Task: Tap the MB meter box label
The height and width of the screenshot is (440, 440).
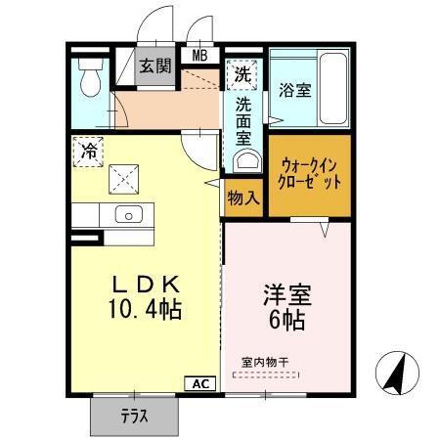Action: pyautogui.click(x=200, y=55)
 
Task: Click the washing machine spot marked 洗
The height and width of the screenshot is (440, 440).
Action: pyautogui.click(x=240, y=71)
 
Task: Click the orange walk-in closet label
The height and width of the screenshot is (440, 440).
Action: pyautogui.click(x=310, y=174)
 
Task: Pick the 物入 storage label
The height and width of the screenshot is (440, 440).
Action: pyautogui.click(x=242, y=198)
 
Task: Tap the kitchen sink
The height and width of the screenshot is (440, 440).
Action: pyautogui.click(x=128, y=215)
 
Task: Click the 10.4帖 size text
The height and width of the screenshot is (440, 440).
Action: pyautogui.click(x=144, y=310)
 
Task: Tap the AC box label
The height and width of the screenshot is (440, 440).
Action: pyautogui.click(x=199, y=383)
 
